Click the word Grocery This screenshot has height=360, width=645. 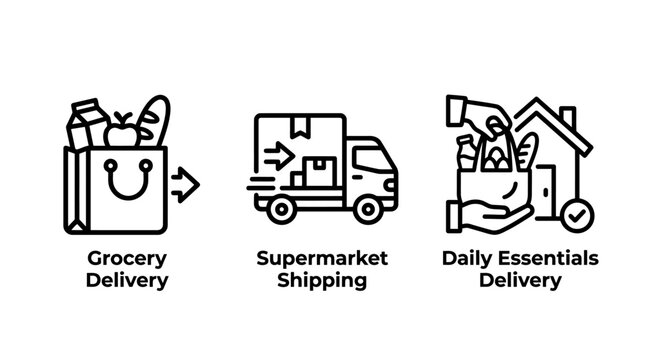tap(127, 260)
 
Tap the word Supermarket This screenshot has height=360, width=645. tap(322, 259)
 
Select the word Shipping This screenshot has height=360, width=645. tap(322, 281)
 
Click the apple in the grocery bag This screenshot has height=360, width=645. tap(121, 131)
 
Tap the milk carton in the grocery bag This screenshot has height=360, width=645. tap(87, 123)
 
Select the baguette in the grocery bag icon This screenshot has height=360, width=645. tap(154, 121)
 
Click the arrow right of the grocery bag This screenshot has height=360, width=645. tap(186, 185)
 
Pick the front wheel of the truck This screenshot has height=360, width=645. tap(368, 209)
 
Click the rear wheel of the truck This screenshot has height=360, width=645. tap(281, 209)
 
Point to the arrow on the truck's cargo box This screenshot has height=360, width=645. tap(279, 156)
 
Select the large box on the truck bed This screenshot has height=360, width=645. tap(319, 171)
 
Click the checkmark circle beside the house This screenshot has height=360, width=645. tap(578, 216)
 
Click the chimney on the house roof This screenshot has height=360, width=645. tap(568, 116)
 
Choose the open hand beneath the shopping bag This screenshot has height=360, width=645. tap(490, 216)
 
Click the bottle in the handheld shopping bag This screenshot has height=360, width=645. tap(466, 153)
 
